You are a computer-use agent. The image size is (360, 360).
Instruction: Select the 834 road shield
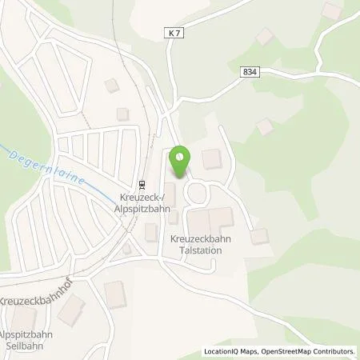(249, 71)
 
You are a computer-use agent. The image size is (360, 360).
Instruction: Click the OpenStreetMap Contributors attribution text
(309, 351)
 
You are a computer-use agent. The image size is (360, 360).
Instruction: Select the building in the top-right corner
(330, 10)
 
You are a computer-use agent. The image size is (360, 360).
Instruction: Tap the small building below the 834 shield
(263, 126)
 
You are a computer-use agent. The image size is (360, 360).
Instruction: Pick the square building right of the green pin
(211, 159)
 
